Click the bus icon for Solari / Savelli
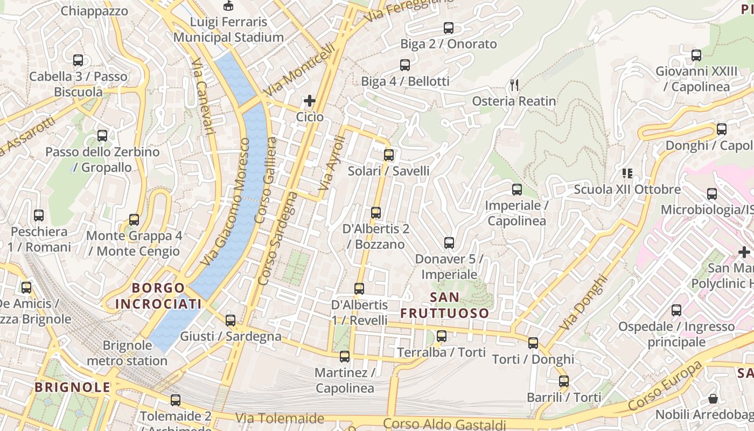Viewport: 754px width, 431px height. (389, 155)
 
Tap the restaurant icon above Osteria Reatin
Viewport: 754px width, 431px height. (514, 85)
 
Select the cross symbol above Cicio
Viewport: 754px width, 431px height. (310, 101)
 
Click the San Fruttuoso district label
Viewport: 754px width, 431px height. (445, 305)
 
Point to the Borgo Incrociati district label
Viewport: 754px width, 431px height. (158, 296)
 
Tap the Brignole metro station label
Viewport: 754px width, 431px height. (127, 353)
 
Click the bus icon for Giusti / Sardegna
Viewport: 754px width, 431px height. (231, 321)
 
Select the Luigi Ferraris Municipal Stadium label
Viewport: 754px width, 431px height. (228, 30)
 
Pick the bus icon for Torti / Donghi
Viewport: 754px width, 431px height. (533, 343)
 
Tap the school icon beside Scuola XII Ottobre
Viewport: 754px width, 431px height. (627, 173)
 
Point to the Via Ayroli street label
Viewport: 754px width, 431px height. (331, 163)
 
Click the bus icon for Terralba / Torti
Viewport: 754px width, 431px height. (442, 336)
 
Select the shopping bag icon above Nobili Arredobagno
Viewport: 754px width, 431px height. (713, 399)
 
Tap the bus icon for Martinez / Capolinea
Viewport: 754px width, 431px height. (345, 356)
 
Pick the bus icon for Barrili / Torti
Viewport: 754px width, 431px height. (564, 381)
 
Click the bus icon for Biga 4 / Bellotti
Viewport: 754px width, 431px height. (405, 65)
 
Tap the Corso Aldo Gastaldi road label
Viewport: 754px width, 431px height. (445, 425)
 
